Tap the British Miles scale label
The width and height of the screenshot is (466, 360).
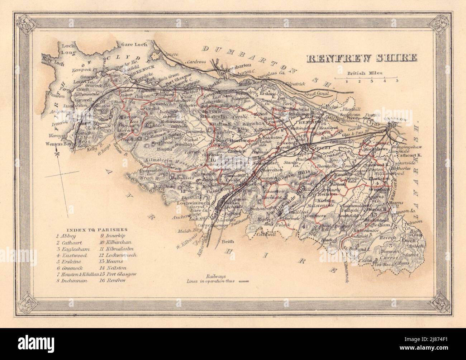365,73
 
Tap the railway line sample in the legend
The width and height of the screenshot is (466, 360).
244,282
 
